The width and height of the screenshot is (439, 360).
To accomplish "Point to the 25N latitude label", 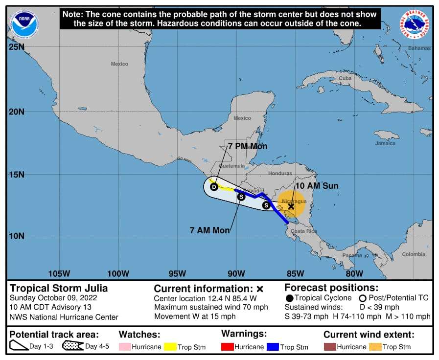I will click(x=17, y=47).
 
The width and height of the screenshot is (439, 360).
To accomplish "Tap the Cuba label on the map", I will click(x=346, y=78).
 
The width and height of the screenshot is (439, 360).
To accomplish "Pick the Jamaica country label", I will click(x=385, y=143).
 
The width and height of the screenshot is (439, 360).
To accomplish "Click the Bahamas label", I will click(x=419, y=48).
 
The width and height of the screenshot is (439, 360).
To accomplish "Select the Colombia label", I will click(x=414, y=254).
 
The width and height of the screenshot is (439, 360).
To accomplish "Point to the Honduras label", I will click(x=280, y=174).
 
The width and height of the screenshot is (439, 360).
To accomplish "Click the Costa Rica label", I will click(x=303, y=231).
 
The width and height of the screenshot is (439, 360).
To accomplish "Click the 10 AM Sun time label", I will click(x=317, y=186).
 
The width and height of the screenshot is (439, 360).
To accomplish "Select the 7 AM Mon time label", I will click(x=209, y=230).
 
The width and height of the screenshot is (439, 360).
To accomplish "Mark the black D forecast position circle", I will click(x=214, y=187).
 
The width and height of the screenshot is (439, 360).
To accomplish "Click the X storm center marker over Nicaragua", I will click(x=291, y=206).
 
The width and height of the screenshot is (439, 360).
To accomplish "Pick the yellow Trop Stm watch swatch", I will click(x=169, y=347).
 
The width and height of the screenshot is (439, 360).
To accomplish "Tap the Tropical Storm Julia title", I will click(x=59, y=288).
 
